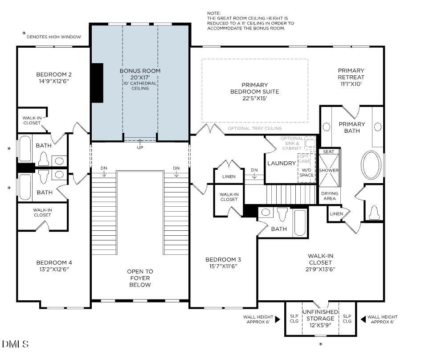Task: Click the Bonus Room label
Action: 140,71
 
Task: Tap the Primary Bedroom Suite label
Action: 255,88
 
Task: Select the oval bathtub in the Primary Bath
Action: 372,165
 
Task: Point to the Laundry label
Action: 281,164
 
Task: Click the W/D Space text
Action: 306,172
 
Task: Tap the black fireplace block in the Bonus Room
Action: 97,83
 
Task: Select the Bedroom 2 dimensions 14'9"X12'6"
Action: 54,82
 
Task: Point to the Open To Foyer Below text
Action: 140,278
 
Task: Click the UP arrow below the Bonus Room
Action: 140,145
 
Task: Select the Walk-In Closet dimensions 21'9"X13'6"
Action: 320,269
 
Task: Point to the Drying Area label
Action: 329,196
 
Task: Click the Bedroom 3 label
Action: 223,260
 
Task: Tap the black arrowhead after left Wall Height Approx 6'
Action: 278,319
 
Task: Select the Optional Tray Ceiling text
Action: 254,128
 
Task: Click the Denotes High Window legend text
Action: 54,37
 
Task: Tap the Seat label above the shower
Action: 329,152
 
